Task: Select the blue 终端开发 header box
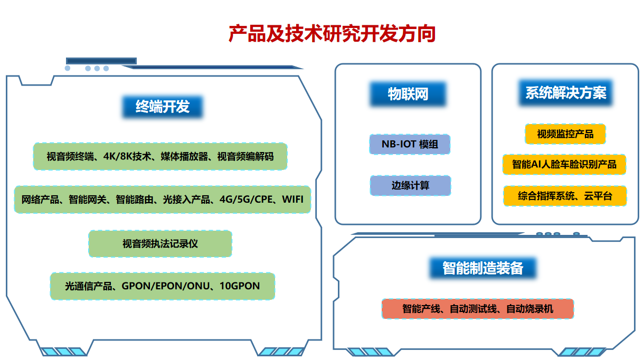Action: (x=162, y=107)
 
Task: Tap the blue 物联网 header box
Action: (x=408, y=94)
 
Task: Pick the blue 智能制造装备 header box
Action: (x=483, y=268)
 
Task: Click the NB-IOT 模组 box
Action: (x=410, y=144)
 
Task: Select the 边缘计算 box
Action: (x=410, y=186)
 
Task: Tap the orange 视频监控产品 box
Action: (x=565, y=134)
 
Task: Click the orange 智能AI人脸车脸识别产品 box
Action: (x=565, y=165)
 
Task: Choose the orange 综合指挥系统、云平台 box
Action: (x=565, y=196)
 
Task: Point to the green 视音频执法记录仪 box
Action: (x=160, y=244)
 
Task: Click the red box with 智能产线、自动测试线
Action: (x=477, y=309)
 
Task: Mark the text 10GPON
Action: (x=240, y=286)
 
